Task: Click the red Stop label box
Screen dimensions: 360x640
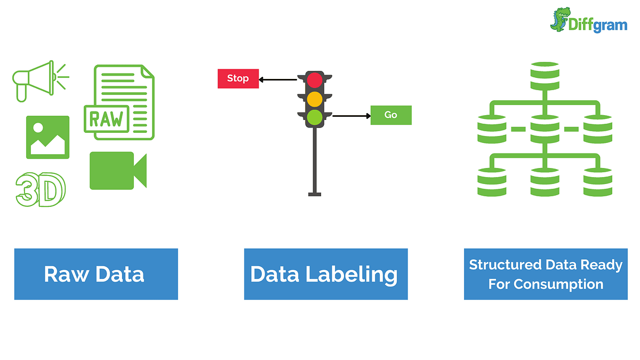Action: (x=238, y=78)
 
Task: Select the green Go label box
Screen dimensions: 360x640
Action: (x=391, y=115)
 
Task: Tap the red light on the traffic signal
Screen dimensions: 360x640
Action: (x=315, y=80)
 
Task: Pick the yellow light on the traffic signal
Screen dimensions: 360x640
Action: (x=315, y=99)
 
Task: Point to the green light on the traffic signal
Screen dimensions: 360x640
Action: (x=315, y=117)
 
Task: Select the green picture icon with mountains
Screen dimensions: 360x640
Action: (x=47, y=137)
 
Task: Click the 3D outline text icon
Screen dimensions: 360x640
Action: (x=41, y=190)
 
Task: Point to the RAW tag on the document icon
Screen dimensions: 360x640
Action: (x=106, y=118)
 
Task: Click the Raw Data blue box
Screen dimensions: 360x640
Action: (x=96, y=274)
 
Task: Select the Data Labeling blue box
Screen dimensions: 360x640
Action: (x=325, y=274)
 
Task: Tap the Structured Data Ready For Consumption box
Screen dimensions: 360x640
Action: (x=546, y=274)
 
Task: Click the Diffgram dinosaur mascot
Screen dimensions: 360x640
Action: (x=561, y=19)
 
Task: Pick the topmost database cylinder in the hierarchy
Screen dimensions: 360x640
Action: (x=545, y=76)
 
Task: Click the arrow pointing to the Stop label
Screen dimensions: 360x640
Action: (x=277, y=80)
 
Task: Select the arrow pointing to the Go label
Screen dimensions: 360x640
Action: (x=351, y=116)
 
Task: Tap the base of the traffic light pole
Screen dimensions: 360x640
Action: (x=315, y=194)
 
